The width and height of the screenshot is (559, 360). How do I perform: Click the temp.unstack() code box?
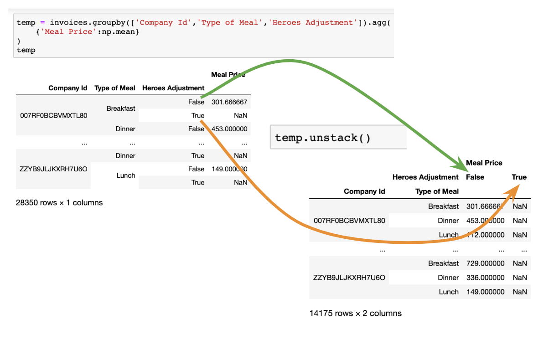coord(337,137)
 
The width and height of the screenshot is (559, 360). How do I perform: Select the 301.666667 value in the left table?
coord(229,102)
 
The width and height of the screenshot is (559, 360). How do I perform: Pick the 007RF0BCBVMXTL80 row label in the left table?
coord(54,115)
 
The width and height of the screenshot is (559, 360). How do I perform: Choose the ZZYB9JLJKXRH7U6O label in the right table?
coord(349,278)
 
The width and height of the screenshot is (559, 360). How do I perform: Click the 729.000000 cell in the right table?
coord(485,263)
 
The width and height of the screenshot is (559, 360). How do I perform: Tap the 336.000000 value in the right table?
coord(485,278)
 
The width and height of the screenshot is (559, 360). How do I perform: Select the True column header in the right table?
coord(519,177)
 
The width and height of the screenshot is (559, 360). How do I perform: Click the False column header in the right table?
coord(475,177)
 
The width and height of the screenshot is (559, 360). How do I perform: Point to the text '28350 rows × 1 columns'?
coord(59,202)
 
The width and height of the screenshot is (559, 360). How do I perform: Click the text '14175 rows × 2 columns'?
coord(356,313)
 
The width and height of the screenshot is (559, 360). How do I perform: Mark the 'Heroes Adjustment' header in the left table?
coord(173,88)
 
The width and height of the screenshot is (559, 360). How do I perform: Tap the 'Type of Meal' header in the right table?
coord(437,191)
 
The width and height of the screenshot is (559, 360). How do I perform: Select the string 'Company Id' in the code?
coord(163,22)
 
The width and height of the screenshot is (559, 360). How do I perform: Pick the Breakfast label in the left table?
coord(121,108)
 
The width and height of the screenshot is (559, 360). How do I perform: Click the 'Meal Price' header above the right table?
coord(484,163)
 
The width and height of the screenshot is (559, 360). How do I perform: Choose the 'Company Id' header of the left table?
coord(67,88)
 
